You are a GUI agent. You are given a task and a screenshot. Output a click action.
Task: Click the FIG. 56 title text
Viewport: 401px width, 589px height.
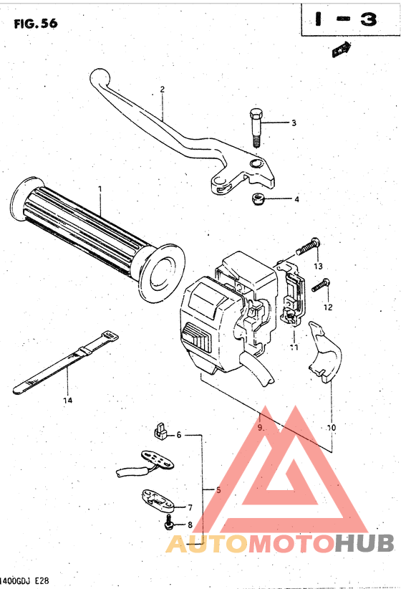point(35,24)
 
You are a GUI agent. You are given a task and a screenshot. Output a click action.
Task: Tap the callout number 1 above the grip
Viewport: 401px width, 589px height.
point(100,189)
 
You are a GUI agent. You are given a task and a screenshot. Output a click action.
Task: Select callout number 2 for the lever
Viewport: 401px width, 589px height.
point(163,90)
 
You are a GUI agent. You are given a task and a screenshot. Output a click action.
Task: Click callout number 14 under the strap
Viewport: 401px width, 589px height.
point(67,400)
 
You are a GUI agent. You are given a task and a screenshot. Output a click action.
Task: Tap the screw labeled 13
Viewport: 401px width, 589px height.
point(308,248)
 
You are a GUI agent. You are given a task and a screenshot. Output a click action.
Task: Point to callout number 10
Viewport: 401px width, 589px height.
point(331,428)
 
